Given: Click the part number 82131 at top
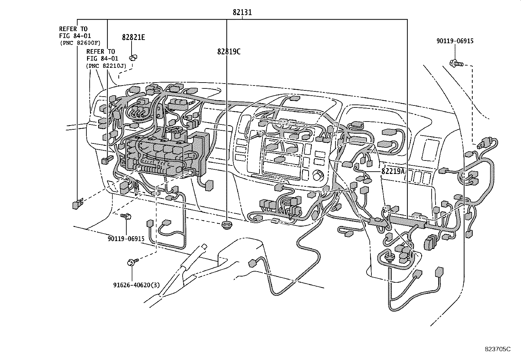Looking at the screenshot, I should [x=242, y=12].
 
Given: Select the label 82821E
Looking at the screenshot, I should [x=134, y=37].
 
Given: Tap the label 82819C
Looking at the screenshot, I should [x=228, y=52].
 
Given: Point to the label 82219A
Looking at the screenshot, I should [x=393, y=171].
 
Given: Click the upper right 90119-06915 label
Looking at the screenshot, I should [x=455, y=41].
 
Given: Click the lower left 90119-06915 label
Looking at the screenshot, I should [x=126, y=239].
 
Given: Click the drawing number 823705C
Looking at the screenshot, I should [x=497, y=349].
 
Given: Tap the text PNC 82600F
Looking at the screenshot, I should [x=80, y=43].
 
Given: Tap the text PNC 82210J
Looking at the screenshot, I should [x=106, y=66].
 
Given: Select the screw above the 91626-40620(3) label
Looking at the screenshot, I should [x=133, y=262].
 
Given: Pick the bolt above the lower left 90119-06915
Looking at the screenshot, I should [x=126, y=216].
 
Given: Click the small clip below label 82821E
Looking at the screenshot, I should [x=133, y=58].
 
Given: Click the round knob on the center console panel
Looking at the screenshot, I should [x=317, y=176].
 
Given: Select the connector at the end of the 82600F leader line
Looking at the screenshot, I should [x=77, y=204].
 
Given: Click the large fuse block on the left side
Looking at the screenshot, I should [x=164, y=154].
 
